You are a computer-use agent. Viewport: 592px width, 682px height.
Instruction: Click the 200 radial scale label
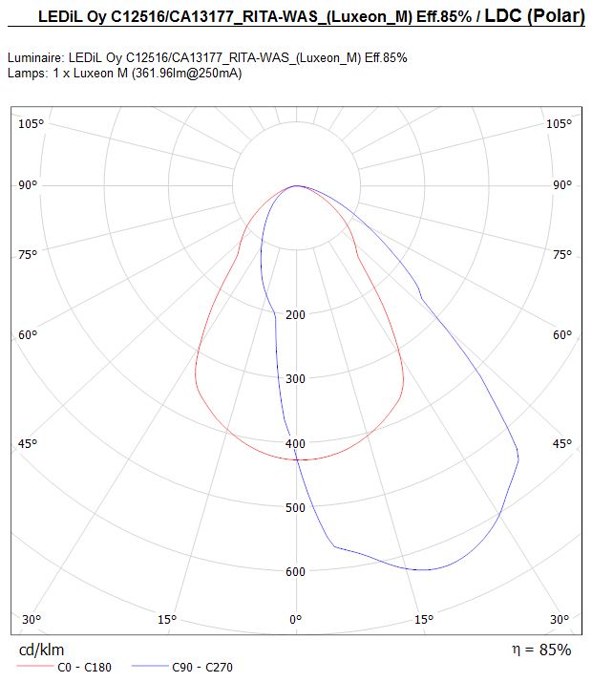pos(296,314)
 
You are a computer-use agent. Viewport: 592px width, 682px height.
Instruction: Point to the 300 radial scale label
pos(296,378)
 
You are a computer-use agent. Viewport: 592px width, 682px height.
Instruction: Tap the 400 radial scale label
pos(296,443)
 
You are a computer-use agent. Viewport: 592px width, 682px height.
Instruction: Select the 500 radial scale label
pos(296,507)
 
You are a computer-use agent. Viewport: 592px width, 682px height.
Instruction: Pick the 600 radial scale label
pos(296,571)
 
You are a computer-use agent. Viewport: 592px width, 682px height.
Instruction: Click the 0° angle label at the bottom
pos(296,619)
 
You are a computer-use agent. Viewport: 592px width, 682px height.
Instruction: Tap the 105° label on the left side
pos(31,124)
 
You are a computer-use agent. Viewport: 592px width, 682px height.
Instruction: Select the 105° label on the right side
pos(559,124)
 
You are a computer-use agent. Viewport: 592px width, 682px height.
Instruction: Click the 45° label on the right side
pos(562,443)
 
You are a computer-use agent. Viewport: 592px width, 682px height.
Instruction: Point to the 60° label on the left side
pos(28,335)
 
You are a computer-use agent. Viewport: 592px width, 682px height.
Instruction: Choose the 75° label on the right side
pos(562,254)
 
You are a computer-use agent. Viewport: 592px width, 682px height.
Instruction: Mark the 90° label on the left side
pos(28,185)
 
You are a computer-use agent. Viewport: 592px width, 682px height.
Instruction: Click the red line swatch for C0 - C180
pos(34,667)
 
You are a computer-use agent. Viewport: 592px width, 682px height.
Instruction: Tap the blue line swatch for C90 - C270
pos(149,667)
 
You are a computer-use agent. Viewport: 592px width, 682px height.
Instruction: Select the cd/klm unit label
pos(41,650)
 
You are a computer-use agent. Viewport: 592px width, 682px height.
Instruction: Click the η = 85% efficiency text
pos(541,650)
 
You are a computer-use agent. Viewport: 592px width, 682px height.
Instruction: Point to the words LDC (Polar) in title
pos(535,16)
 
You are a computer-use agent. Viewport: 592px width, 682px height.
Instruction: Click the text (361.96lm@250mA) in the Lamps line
pos(186,73)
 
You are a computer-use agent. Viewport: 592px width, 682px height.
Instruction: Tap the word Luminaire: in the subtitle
pos(36,58)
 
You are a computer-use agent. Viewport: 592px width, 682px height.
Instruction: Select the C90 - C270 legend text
pos(202,667)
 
